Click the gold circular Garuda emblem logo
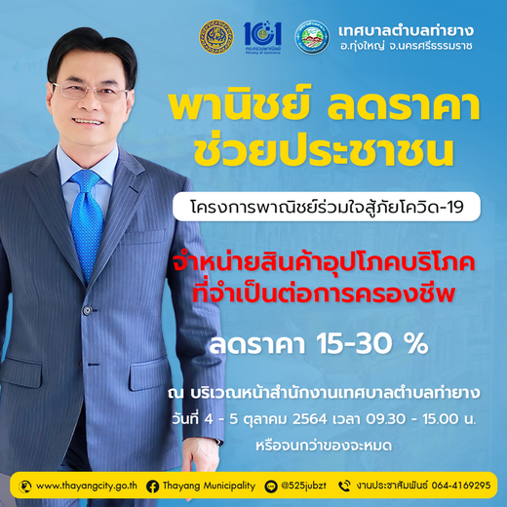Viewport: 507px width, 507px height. [216, 37]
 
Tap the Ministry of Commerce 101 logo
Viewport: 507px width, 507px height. [262, 37]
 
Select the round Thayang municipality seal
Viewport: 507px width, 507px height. [312, 37]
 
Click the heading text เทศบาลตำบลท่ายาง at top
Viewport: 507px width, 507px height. [406, 30]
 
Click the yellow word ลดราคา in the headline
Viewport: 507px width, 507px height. [404, 108]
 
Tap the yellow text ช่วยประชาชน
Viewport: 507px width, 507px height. [324, 151]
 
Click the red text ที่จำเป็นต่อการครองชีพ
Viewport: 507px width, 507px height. [324, 292]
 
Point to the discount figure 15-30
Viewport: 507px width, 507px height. [355, 344]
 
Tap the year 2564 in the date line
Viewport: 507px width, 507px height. [309, 419]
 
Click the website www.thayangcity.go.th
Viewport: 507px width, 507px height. [87, 486]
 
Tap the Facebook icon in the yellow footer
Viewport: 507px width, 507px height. [152, 487]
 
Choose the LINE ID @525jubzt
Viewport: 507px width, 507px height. [303, 486]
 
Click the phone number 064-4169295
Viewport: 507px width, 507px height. [461, 486]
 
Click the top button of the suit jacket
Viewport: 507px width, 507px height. [88, 310]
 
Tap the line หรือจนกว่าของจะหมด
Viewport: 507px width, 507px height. [324, 446]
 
